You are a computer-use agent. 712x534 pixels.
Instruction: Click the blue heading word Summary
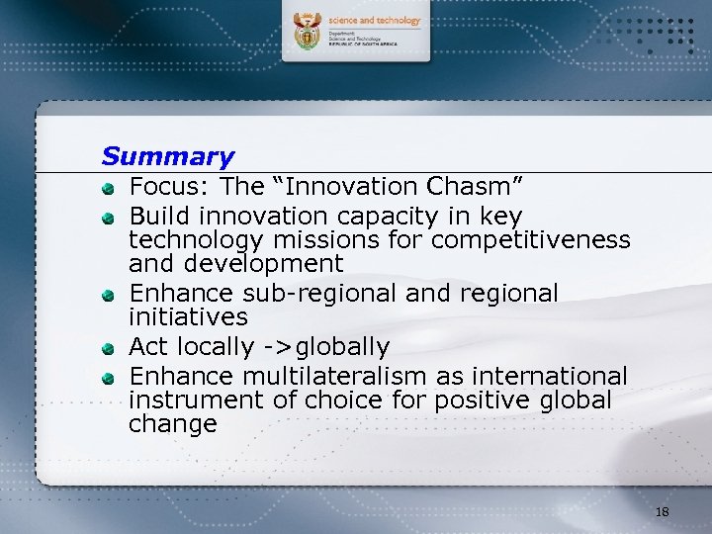coord(168,156)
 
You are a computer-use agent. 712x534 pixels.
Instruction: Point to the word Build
coord(161,216)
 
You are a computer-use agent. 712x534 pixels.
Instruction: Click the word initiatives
coord(188,317)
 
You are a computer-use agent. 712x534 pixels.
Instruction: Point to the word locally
coord(217,347)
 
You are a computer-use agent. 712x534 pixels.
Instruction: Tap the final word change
coord(172,425)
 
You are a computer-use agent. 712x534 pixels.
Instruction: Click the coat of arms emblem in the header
coord(309,33)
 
